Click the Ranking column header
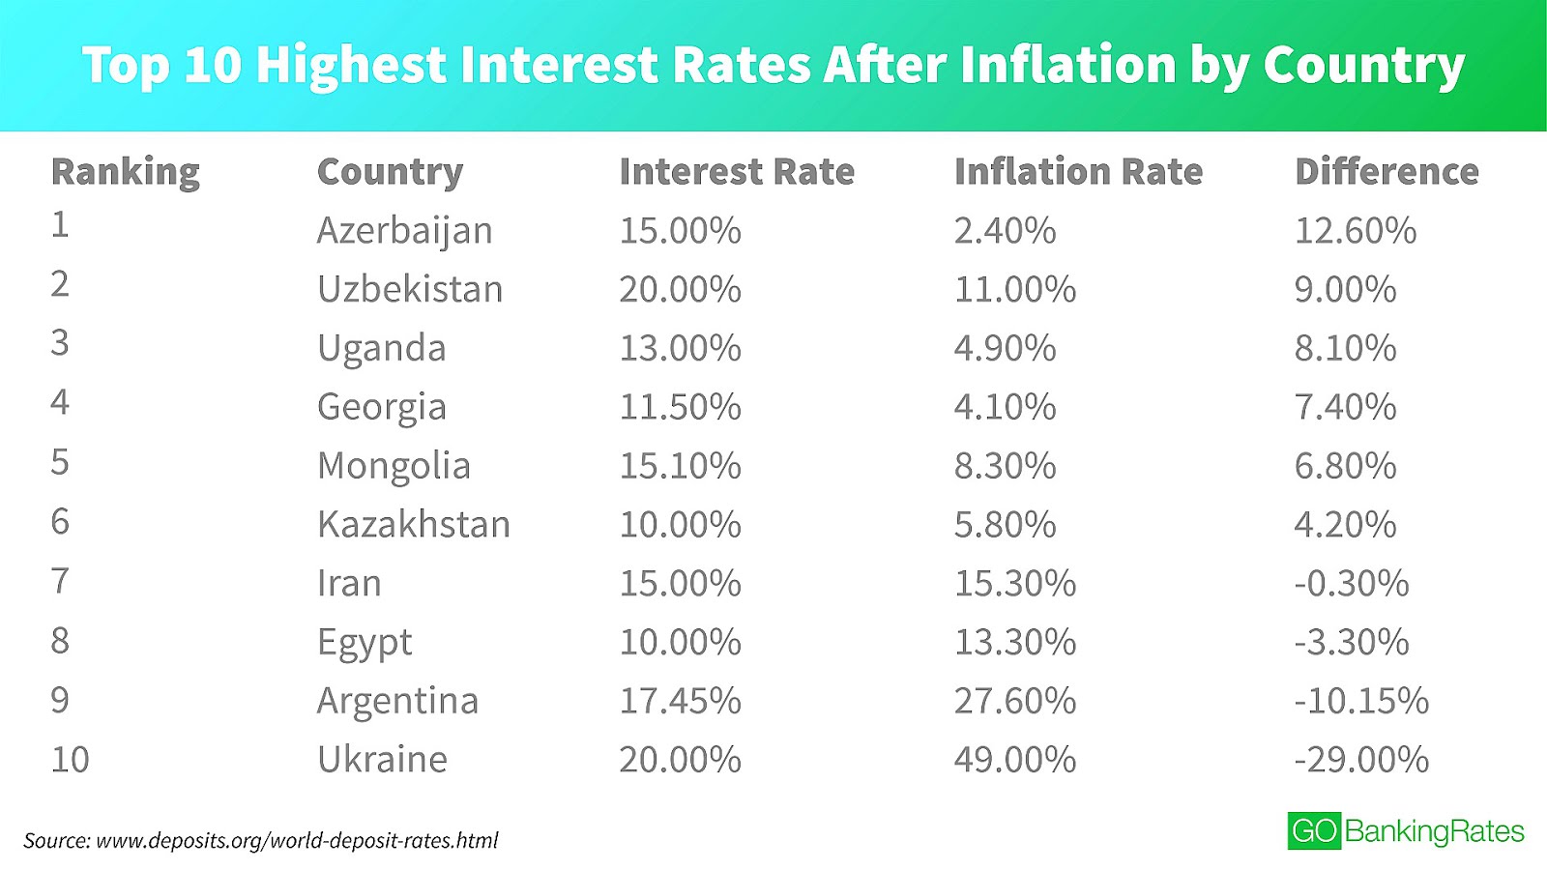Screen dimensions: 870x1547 pyautogui.click(x=125, y=172)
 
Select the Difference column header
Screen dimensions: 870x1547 pyautogui.click(x=1386, y=172)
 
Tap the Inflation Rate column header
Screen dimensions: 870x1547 pyautogui.click(x=1078, y=172)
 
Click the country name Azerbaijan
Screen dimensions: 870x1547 pyautogui.click(x=404, y=231)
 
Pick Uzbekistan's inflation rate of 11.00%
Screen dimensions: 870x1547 pyautogui.click(x=1014, y=289)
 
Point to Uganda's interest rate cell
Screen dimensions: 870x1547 pyautogui.click(x=680, y=348)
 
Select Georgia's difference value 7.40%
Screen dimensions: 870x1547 pyautogui.click(x=1345, y=407)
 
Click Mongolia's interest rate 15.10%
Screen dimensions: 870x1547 pyautogui.click(x=680, y=466)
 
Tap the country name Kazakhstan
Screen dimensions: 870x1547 pyautogui.click(x=413, y=525)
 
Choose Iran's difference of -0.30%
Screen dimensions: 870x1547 pyautogui.click(x=1351, y=584)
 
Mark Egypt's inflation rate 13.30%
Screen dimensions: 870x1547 pyautogui.click(x=1014, y=642)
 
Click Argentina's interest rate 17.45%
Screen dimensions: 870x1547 pyautogui.click(x=680, y=701)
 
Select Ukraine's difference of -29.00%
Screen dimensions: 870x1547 pyautogui.click(x=1360, y=760)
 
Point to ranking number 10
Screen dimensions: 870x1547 pyautogui.click(x=70, y=760)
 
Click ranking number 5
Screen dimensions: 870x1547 pyautogui.click(x=60, y=462)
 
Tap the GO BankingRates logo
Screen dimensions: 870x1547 pyautogui.click(x=1405, y=831)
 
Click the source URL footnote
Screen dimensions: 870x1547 pyautogui.click(x=261, y=841)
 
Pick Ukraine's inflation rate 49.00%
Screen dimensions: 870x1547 pyautogui.click(x=1014, y=760)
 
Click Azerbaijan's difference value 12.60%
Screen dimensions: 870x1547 pyautogui.click(x=1355, y=231)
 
